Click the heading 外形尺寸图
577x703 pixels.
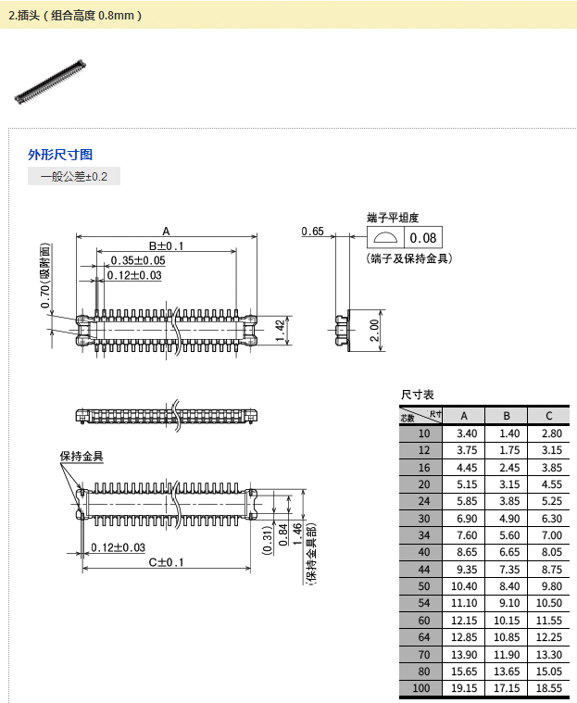coord(60,155)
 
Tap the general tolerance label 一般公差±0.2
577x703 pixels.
coord(74,176)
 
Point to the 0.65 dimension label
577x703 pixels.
coord(312,232)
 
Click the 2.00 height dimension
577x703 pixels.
coord(374,330)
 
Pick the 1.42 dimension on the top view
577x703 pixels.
coord(281,329)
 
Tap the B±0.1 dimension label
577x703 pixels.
coord(167,245)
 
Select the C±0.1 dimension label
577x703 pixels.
coord(167,562)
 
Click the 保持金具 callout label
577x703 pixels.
coord(82,457)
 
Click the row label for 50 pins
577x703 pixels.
coord(423,586)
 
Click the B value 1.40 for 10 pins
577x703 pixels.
coord(508,433)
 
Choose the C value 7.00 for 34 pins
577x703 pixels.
coord(551,535)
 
